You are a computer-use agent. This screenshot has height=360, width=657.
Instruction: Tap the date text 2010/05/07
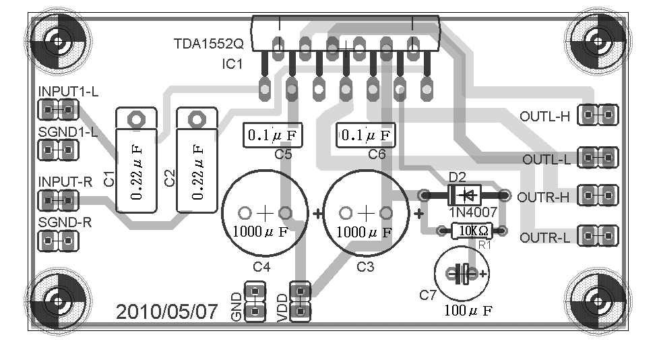click(x=167, y=311)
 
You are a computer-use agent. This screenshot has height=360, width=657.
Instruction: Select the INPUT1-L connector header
click(x=58, y=109)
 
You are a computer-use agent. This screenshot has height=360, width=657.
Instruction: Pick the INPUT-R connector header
click(x=58, y=200)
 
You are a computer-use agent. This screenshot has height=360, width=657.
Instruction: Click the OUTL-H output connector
click(x=598, y=115)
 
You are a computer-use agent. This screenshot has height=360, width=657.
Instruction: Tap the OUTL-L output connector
click(x=598, y=159)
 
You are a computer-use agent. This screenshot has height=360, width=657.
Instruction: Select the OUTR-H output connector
click(x=598, y=197)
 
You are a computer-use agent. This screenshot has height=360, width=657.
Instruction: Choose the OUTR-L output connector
click(x=598, y=236)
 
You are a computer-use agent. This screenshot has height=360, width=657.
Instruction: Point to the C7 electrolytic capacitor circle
click(x=462, y=273)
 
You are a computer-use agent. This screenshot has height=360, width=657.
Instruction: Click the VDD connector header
click(x=300, y=301)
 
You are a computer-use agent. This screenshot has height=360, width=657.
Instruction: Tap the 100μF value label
click(x=467, y=311)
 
